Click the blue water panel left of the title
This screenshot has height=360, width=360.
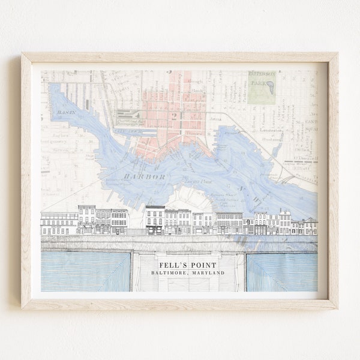pos(85,271)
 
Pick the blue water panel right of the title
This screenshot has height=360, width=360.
pos(281,271)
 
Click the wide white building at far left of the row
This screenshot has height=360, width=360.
pos(59,223)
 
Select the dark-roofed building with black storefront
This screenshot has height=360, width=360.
pos(155,220)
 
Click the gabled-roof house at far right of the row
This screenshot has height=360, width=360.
pos(310,226)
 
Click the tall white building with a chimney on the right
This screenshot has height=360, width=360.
pos(284,221)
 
